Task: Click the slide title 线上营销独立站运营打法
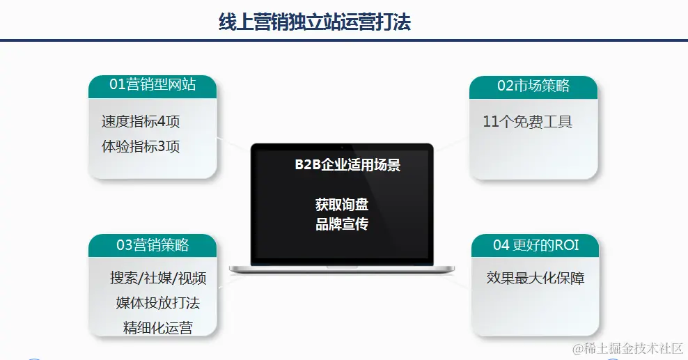point(315,22)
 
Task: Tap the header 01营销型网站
point(153,84)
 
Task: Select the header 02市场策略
point(533,85)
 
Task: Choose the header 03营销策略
point(153,244)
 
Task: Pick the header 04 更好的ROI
point(535,244)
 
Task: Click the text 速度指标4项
point(141,121)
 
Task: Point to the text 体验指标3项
point(141,146)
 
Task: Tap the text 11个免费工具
point(527,121)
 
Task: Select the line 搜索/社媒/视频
point(158,278)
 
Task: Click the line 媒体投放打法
point(158,303)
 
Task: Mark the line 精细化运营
point(158,327)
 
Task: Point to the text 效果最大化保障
point(535,278)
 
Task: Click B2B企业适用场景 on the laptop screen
point(347,165)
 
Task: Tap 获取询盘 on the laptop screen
point(342,204)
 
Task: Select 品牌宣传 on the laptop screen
point(342,224)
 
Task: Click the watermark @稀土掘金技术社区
point(628,349)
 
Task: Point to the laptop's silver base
point(342,269)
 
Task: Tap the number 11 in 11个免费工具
point(490,121)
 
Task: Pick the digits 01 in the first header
point(117,84)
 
